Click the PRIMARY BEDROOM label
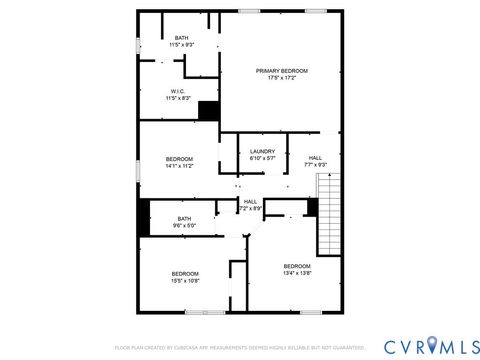(x=281, y=70)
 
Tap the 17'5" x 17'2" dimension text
(x=281, y=78)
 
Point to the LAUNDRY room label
(x=262, y=151)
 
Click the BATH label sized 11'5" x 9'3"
(x=181, y=38)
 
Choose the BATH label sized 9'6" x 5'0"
(x=185, y=218)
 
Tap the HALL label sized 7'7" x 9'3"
(x=315, y=157)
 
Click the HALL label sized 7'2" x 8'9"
(x=250, y=201)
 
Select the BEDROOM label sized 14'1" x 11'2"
(x=179, y=159)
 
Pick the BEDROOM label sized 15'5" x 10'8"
(x=185, y=273)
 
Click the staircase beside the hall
(x=329, y=213)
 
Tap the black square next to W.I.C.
(x=209, y=111)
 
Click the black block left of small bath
(x=144, y=218)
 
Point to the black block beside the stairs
(x=312, y=208)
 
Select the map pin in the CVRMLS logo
(x=432, y=345)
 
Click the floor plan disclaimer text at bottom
(x=239, y=348)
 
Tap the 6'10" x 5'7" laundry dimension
(x=262, y=158)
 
